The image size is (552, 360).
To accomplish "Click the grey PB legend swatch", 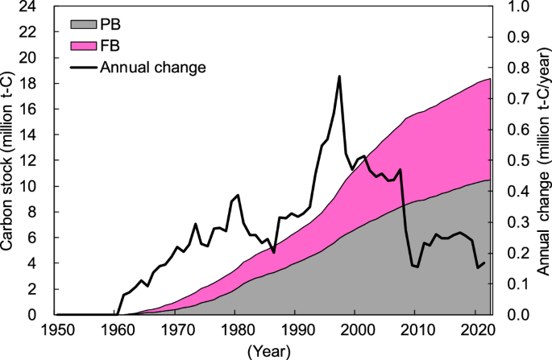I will coord(81,24).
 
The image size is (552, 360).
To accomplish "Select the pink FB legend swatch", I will coord(81,45).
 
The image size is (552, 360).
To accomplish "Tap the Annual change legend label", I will coord(153,67).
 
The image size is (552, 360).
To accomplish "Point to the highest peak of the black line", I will coord(339,77).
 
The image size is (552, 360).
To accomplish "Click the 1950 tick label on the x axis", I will coord(56,329).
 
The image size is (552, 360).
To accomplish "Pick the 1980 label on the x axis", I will coord(235,329).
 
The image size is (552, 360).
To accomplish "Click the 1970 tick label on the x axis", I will coord(176,329).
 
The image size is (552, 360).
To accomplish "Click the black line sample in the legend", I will coord(81,67).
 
